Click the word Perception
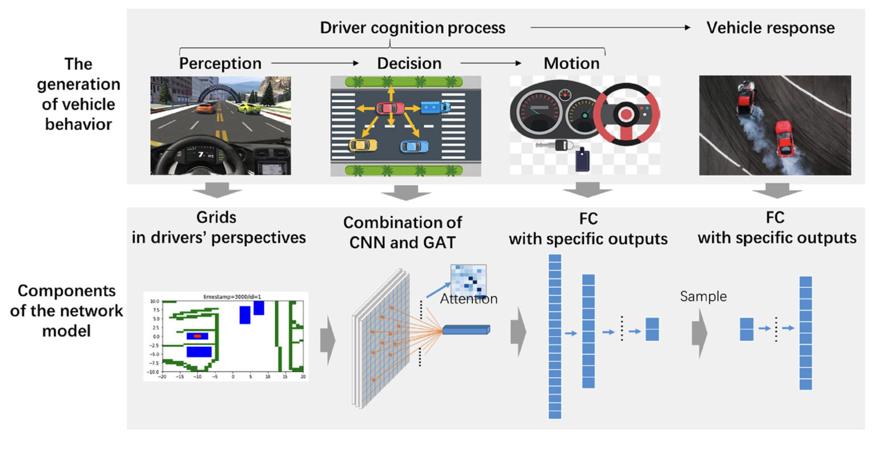tap(220, 64)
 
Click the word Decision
tap(409, 64)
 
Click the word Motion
tap(571, 64)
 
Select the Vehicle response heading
tap(770, 28)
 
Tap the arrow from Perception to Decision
tap(315, 63)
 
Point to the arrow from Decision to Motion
tap(491, 63)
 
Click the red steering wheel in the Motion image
tap(626, 114)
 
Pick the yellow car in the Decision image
tap(363, 145)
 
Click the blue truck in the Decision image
tap(435, 107)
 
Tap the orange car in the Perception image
tap(206, 108)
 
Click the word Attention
tap(468, 299)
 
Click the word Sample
tap(703, 296)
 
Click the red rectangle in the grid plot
tap(197, 336)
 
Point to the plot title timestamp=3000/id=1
tap(232, 296)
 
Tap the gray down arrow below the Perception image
tap(217, 190)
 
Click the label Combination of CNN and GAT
tap(402, 232)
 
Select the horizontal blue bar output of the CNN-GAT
tap(466, 330)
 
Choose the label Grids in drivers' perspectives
tap(218, 228)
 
